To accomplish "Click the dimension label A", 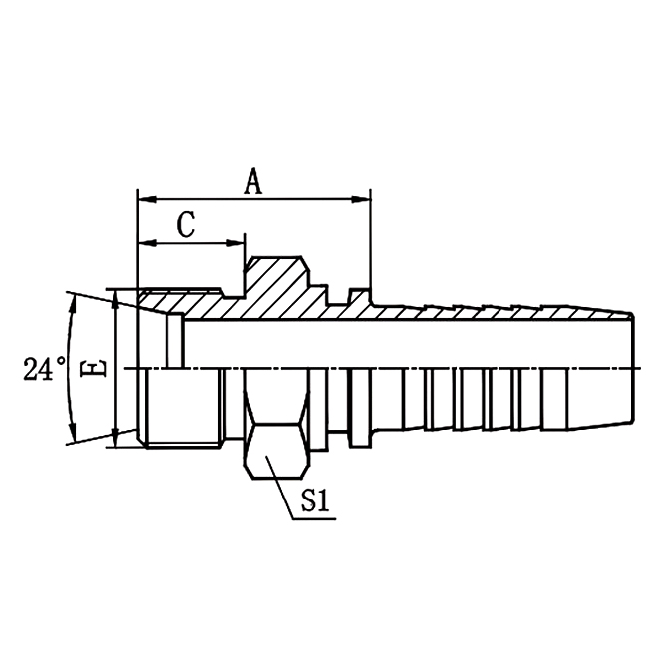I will (254, 181).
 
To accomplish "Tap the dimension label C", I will (186, 226).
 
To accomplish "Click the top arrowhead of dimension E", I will (118, 297).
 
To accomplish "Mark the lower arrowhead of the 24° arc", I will (72, 437).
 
